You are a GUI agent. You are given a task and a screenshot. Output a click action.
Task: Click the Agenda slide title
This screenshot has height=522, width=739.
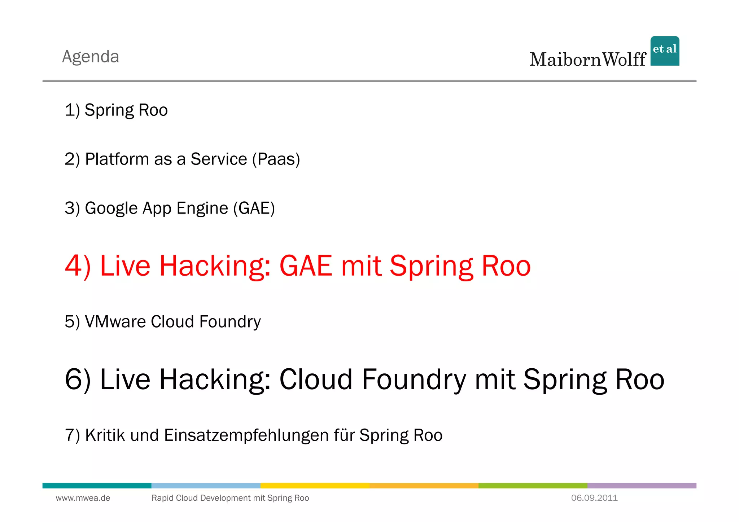[91, 57]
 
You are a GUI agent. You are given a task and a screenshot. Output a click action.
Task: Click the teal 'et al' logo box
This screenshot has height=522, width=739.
[665, 51]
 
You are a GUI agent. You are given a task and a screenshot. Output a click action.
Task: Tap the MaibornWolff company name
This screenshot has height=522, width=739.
[587, 60]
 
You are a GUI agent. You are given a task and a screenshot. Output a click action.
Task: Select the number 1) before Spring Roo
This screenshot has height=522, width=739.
[72, 110]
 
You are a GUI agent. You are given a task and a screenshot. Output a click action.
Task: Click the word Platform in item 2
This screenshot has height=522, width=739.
[117, 159]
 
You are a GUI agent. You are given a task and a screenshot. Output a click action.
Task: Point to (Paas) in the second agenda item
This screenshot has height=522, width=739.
[276, 159]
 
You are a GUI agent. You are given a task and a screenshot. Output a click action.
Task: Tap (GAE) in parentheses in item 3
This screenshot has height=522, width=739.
[254, 209]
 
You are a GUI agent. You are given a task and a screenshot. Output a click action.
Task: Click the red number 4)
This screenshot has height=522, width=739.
[78, 266]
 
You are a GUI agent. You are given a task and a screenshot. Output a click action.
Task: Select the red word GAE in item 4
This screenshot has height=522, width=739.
[306, 266]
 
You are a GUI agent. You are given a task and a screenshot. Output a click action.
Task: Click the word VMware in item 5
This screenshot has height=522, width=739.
[115, 322]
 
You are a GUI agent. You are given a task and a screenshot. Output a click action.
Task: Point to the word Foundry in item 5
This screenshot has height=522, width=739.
[230, 322]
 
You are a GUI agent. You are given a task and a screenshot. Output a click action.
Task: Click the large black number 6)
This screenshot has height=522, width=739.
[78, 380]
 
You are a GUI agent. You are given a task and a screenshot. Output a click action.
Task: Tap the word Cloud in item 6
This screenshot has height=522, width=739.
[316, 380]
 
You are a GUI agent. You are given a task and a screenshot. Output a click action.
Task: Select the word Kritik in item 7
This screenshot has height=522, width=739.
[105, 435]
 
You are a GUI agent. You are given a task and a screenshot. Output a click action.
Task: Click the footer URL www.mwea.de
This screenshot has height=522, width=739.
[83, 498]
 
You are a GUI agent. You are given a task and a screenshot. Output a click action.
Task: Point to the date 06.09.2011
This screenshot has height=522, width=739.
[594, 498]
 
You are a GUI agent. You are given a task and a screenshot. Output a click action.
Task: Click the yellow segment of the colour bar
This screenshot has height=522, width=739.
[315, 486]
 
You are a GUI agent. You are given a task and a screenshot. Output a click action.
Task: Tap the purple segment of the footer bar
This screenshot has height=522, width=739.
[642, 486]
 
